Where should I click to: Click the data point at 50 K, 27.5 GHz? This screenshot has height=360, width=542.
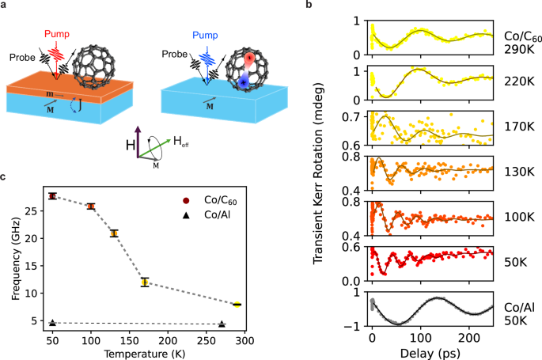(x=52, y=196)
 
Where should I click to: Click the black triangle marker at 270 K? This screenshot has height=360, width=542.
(x=222, y=324)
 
